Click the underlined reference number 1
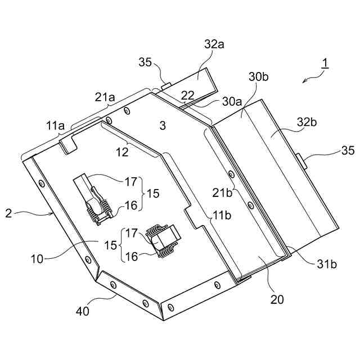pyautogui.click(x=325, y=64)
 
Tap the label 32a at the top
pyautogui.click(x=214, y=44)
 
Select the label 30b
pyautogui.click(x=258, y=77)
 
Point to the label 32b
pyautogui.click(x=307, y=122)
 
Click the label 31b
pyautogui.click(x=327, y=264)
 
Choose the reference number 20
pyautogui.click(x=277, y=299)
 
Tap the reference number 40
pyautogui.click(x=83, y=311)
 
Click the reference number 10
pyautogui.click(x=37, y=259)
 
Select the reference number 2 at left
pyautogui.click(x=8, y=214)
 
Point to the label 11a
pyautogui.click(x=55, y=126)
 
